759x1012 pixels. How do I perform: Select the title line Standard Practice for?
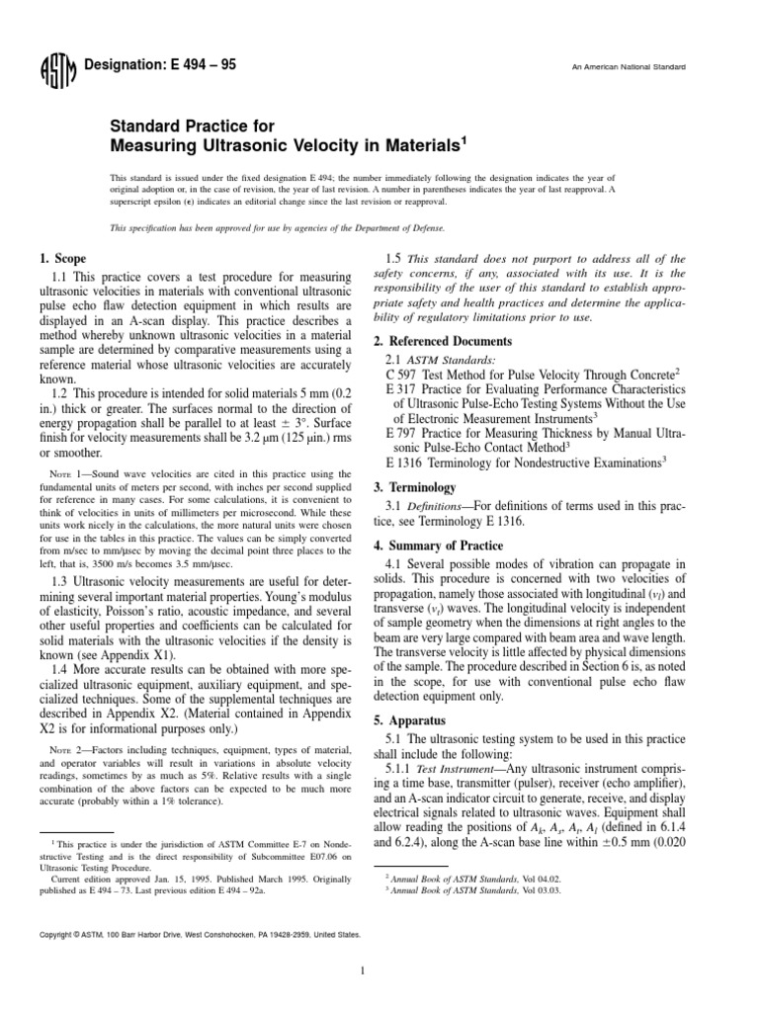(187, 127)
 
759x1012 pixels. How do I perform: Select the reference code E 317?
(399, 389)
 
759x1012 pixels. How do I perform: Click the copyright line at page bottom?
(199, 933)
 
